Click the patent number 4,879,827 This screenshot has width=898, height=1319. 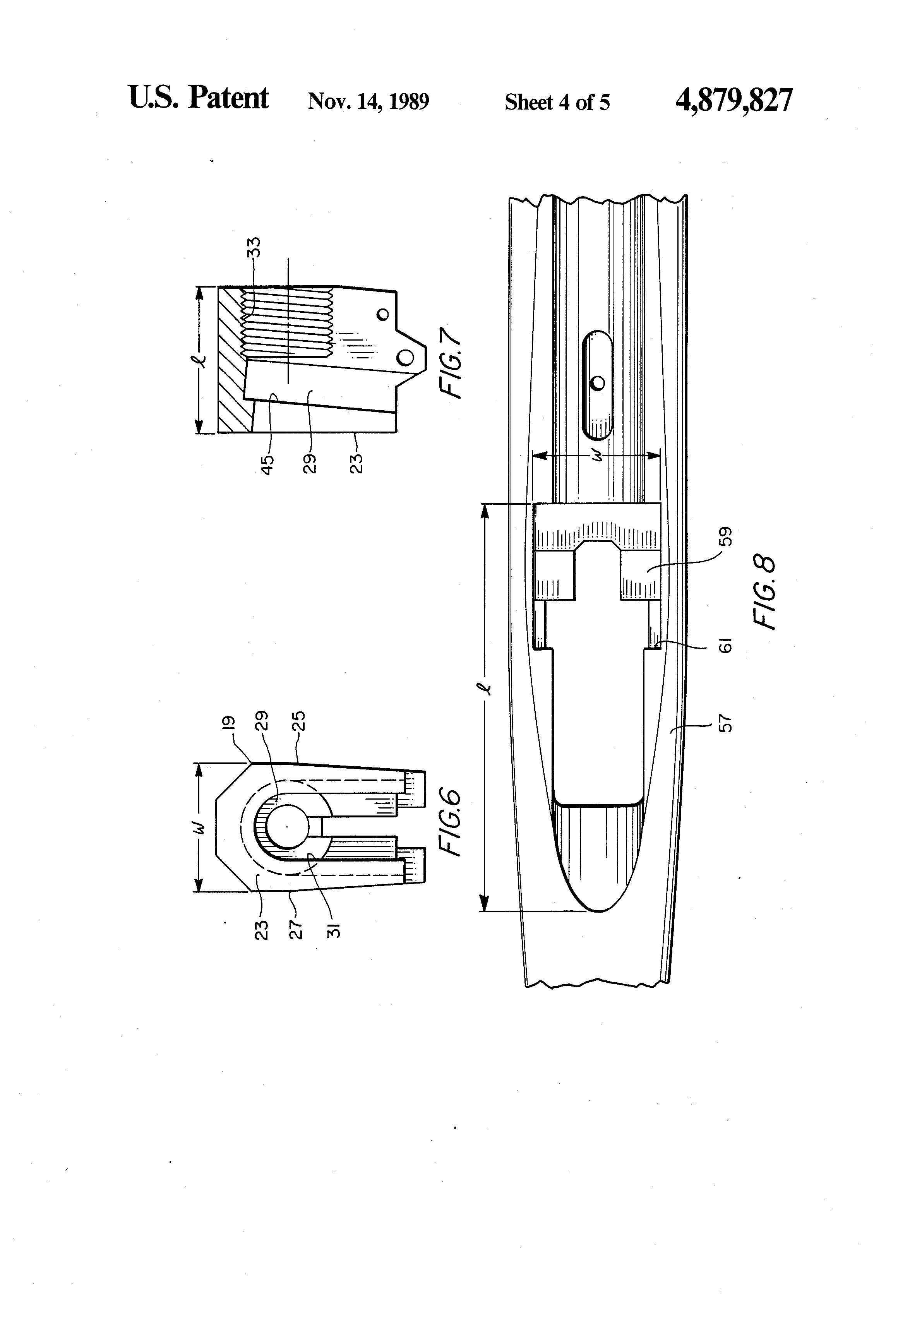click(733, 101)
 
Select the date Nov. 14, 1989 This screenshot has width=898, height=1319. click(368, 101)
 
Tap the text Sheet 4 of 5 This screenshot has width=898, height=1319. click(557, 102)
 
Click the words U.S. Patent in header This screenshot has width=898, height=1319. click(198, 98)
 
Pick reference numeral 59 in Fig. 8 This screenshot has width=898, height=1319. click(725, 536)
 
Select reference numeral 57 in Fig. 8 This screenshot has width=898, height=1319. click(725, 724)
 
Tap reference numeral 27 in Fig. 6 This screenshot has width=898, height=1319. click(296, 930)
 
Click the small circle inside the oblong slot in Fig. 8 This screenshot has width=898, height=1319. click(597, 383)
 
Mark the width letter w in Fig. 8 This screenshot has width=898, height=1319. click(597, 455)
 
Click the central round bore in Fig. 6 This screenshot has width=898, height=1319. click(287, 827)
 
